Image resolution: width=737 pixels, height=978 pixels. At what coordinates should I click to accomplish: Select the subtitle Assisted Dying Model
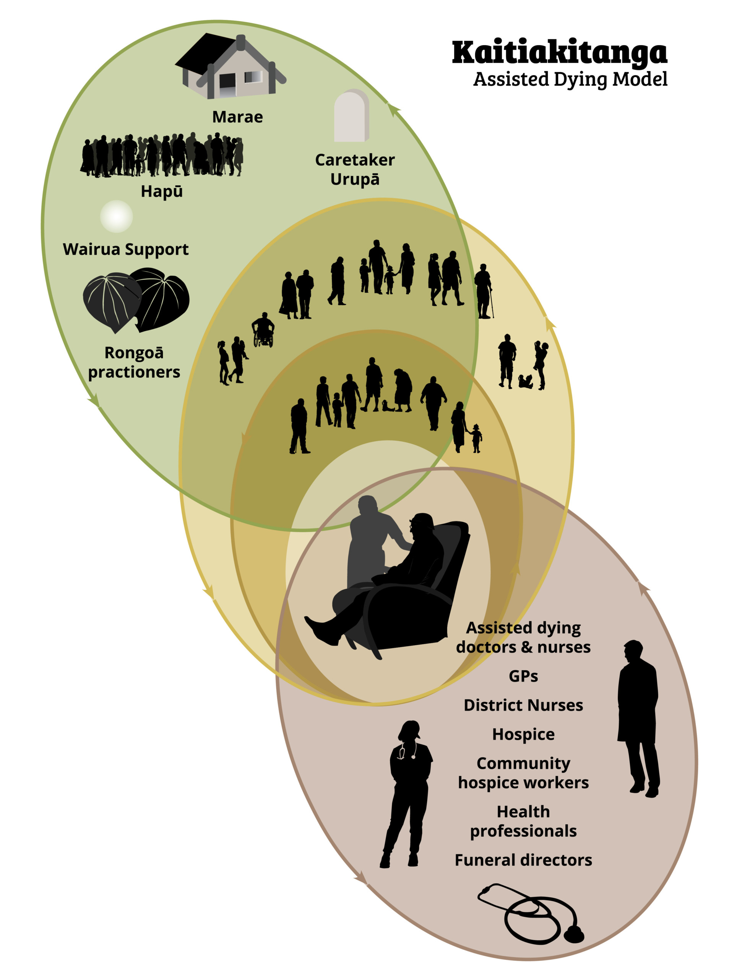click(x=570, y=79)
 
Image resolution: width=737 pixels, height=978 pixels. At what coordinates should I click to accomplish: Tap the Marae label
click(x=237, y=117)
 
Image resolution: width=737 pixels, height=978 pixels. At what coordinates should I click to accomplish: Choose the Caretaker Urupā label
click(x=355, y=170)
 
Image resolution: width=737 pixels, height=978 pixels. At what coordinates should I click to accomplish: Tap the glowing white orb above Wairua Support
click(x=116, y=216)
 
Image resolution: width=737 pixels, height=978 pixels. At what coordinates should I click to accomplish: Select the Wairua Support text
click(x=126, y=250)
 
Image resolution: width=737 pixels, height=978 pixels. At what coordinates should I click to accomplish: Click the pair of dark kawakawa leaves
click(x=136, y=300)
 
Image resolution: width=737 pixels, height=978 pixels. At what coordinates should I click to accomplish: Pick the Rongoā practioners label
click(x=134, y=363)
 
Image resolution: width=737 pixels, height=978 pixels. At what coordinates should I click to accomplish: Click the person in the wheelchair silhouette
click(x=263, y=330)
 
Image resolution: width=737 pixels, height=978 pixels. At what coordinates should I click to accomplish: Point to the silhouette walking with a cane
click(x=484, y=291)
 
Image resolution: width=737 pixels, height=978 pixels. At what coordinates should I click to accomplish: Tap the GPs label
click(x=523, y=676)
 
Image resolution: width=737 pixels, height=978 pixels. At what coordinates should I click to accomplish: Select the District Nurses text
click(x=523, y=705)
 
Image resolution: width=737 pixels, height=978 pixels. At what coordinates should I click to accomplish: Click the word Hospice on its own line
click(x=523, y=734)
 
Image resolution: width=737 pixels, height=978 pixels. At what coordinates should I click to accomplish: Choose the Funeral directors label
click(x=523, y=860)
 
